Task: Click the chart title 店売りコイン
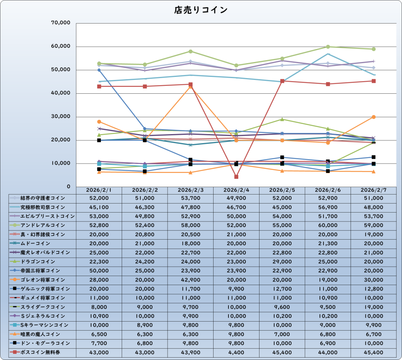coord(201,10)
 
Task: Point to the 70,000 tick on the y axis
coord(61,23)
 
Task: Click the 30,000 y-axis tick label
coord(61,116)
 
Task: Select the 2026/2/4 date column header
coord(236,190)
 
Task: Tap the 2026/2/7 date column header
coord(373,190)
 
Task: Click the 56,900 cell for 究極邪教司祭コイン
coord(328,207)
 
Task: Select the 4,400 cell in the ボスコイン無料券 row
coord(236,352)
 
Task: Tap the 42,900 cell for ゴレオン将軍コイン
coord(190,280)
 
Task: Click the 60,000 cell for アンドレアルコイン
coord(328,225)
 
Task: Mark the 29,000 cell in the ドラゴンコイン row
coord(282,262)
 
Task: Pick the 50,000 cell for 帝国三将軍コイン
coord(99,271)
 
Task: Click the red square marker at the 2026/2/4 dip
coord(236,176)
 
